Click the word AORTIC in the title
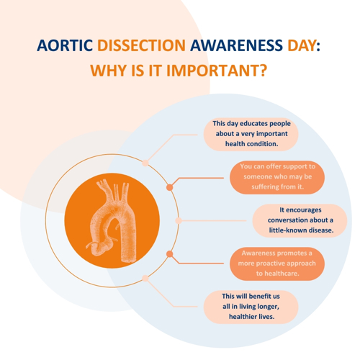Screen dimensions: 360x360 [x=65, y=45]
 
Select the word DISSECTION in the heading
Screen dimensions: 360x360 [x=141, y=45]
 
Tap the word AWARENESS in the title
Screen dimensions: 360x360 [x=236, y=45]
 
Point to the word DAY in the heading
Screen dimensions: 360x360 [x=302, y=45]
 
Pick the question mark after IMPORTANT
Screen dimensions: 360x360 [x=264, y=71]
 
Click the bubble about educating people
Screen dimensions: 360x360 [x=251, y=134]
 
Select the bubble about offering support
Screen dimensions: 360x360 [x=277, y=177]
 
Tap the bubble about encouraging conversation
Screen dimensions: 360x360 [x=300, y=220]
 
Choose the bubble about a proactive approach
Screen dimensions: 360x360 [x=277, y=264]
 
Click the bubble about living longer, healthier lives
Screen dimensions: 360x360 [x=251, y=307]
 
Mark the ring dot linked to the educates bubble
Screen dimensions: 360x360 [x=145, y=163]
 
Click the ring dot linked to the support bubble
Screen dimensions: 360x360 [x=170, y=187]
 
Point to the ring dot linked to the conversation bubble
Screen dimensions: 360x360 [x=179, y=220]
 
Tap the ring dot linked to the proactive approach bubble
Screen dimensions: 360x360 [x=170, y=254]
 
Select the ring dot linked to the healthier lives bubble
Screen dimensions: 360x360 [x=145, y=279]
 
